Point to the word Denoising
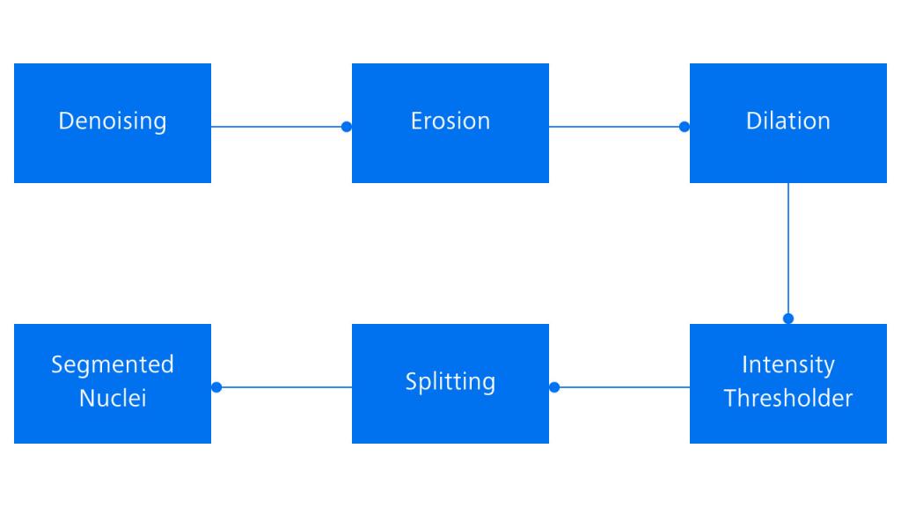click(x=113, y=121)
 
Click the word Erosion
click(x=450, y=121)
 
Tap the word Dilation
click(x=788, y=121)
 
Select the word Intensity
click(x=788, y=364)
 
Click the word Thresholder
click(x=788, y=398)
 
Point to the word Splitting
click(x=450, y=382)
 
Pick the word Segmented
click(x=113, y=364)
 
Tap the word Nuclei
click(x=113, y=398)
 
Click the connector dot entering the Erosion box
click(x=347, y=127)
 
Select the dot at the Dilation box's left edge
click(x=685, y=127)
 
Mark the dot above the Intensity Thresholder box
click(x=788, y=319)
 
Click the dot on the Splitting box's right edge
click(x=554, y=387)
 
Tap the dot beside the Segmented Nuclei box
click(x=216, y=387)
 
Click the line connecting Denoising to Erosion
click(x=277, y=127)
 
